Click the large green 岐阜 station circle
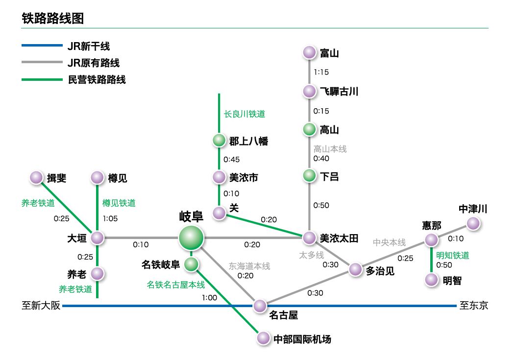click(191, 238)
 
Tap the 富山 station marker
click(309, 53)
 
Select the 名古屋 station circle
click(260, 306)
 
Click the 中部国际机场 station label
click(302, 339)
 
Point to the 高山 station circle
click(309, 130)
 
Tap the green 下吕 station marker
click(309, 176)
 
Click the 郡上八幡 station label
click(248, 141)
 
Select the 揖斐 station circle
click(36, 178)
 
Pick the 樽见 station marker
click(97, 178)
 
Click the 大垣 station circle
click(97, 238)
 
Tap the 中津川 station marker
click(472, 224)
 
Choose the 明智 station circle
click(431, 280)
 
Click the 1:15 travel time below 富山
click(321, 72)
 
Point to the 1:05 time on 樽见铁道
click(110, 218)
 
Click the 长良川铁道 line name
click(244, 114)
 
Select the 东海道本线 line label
click(249, 266)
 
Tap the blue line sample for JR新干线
click(42, 47)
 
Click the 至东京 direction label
click(473, 306)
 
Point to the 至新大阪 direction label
click(41, 306)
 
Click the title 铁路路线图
click(53, 19)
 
